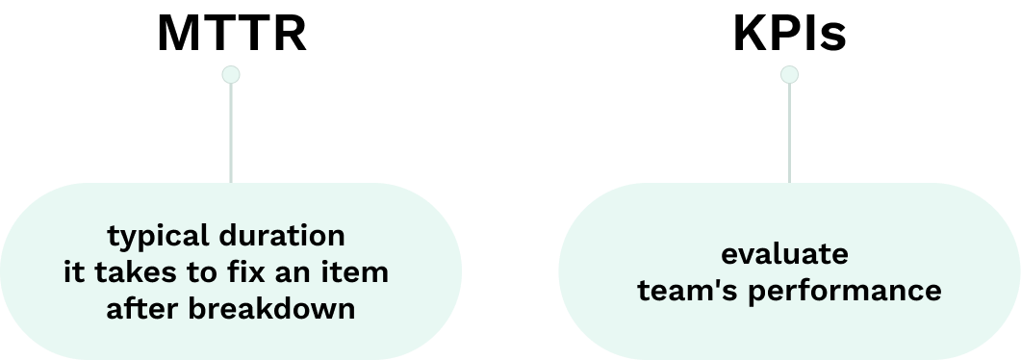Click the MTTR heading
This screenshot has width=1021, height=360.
click(x=231, y=35)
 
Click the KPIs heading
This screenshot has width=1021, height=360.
click(x=789, y=35)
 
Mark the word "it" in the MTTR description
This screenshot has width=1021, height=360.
click(x=73, y=272)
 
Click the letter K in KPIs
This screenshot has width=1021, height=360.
click(x=751, y=35)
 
